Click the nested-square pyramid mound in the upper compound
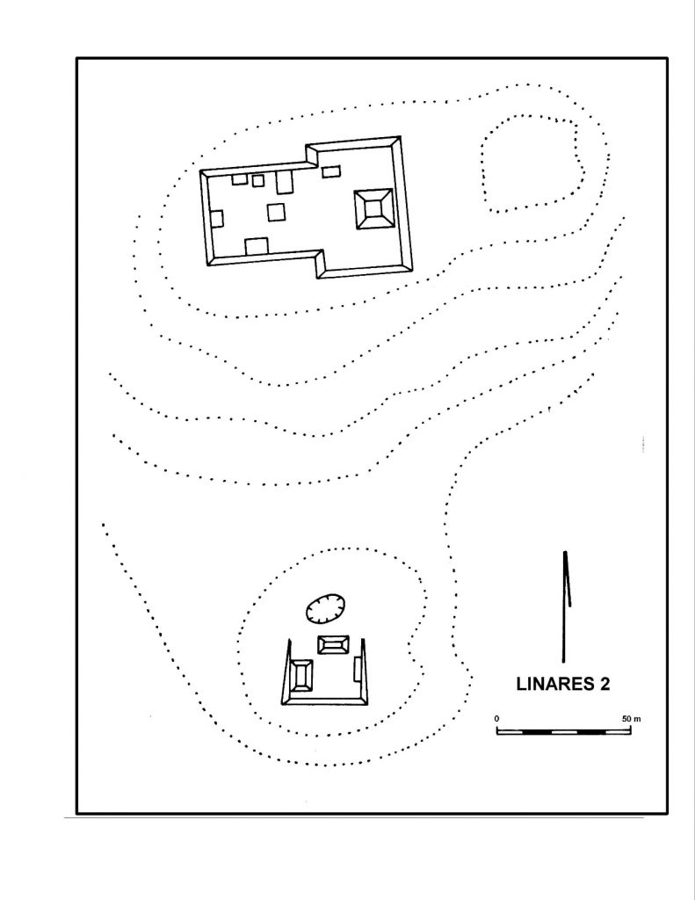pyautogui.click(x=373, y=209)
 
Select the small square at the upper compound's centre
pyautogui.click(x=276, y=213)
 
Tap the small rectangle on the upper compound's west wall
pyautogui.click(x=217, y=218)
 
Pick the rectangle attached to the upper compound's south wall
pyautogui.click(x=257, y=246)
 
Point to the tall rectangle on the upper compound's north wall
pyautogui.click(x=285, y=182)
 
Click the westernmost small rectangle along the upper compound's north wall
pyautogui.click(x=239, y=179)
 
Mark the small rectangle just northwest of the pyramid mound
pyautogui.click(x=331, y=171)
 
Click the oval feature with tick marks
pyautogui.click(x=324, y=607)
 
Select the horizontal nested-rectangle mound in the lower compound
pyautogui.click(x=333, y=644)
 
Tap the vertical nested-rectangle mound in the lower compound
pyautogui.click(x=302, y=676)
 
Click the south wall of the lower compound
pyautogui.click(x=324, y=700)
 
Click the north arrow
pyautogui.click(x=565, y=606)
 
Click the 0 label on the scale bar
pyautogui.click(x=496, y=718)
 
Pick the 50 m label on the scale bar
pyautogui.click(x=631, y=718)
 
